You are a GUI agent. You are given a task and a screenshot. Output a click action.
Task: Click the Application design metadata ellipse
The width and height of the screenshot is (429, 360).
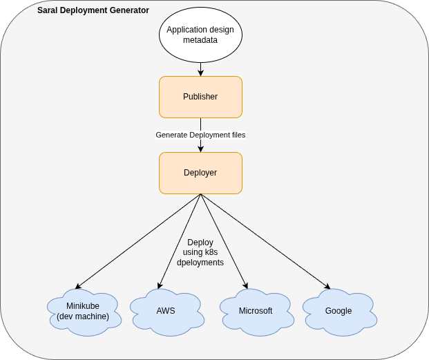[200, 35]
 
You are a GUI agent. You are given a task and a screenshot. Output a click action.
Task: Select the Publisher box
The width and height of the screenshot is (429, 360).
[200, 97]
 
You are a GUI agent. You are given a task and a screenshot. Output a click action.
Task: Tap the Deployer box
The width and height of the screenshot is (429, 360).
[200, 173]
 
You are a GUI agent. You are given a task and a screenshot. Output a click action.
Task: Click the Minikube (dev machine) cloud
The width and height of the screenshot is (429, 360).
[83, 312]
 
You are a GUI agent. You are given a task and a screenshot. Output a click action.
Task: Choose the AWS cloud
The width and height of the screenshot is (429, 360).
[166, 311]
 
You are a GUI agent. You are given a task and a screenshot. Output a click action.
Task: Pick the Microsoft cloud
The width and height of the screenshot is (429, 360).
[256, 311]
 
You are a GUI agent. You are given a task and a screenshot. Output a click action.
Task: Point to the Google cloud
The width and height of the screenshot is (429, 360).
[339, 311]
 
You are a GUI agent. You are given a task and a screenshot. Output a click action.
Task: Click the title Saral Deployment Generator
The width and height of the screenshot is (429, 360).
[93, 10]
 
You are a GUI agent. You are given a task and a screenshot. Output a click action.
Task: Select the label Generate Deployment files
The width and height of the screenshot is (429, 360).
[200, 135]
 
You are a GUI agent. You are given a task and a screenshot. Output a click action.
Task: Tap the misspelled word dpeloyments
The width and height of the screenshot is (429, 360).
[200, 263]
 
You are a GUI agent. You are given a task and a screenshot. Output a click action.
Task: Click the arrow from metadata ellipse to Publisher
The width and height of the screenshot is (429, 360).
[200, 69]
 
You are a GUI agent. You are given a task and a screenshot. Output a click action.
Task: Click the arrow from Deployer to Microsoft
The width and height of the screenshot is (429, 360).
[223, 240]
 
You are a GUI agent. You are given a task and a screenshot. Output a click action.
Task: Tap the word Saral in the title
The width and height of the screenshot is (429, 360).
[48, 10]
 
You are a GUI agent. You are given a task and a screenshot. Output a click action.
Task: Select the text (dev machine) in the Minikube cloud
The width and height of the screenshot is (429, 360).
[83, 316]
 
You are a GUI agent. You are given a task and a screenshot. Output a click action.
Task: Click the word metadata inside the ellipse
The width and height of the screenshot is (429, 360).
[200, 40]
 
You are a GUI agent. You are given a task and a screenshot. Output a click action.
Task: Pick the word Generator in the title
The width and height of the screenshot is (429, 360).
[129, 10]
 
